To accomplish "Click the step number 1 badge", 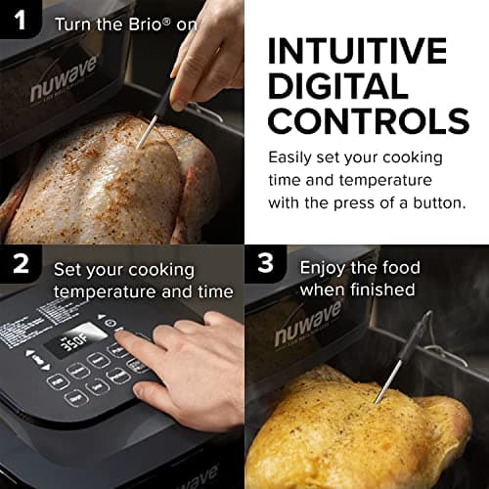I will click(22, 22).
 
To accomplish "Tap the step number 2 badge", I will click(22, 266).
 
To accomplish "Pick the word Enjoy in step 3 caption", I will click(324, 267).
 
